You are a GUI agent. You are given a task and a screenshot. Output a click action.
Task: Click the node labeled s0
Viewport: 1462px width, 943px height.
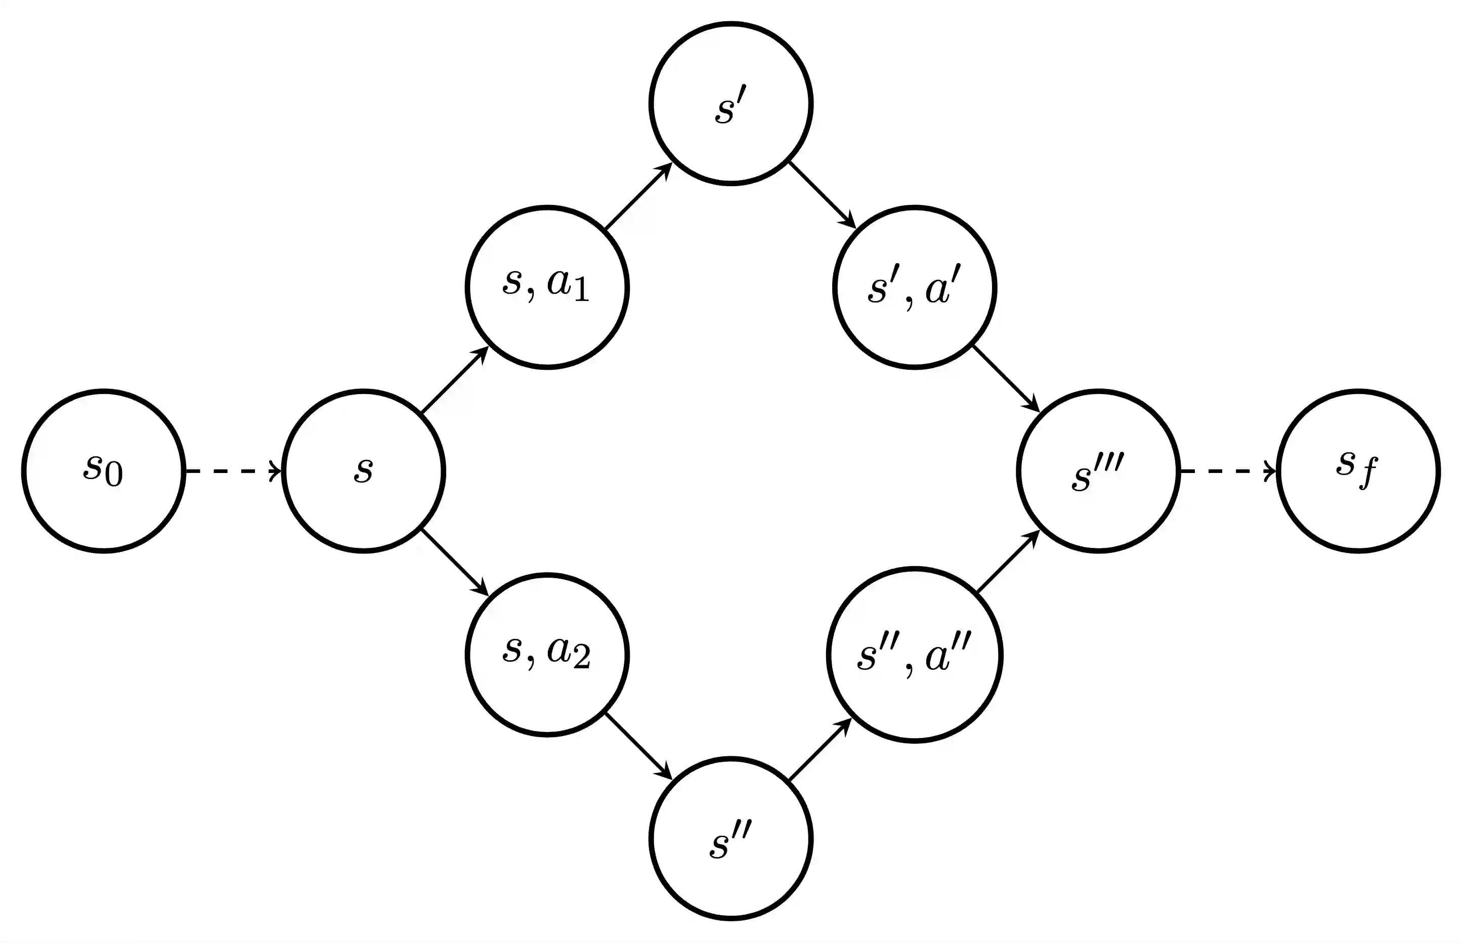(x=104, y=471)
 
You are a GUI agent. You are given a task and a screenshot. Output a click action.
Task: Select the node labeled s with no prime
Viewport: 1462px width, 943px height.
(x=363, y=471)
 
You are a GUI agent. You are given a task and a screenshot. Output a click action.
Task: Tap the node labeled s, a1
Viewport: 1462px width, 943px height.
(x=547, y=287)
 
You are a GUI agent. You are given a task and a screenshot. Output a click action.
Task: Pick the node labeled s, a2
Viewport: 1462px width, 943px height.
(x=547, y=655)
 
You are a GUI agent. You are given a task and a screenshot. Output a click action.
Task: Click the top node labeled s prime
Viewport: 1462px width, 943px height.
(x=730, y=104)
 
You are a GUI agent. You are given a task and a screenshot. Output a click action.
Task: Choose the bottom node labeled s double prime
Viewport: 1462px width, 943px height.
(x=730, y=838)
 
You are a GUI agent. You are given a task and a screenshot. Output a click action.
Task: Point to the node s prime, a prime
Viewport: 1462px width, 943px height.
(x=914, y=287)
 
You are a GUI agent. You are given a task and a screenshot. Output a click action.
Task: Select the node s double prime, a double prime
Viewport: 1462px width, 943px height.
(x=914, y=655)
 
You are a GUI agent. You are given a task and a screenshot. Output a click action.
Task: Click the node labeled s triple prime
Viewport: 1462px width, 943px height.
(x=1098, y=471)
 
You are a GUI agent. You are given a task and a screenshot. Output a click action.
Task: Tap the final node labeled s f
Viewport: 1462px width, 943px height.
(x=1358, y=471)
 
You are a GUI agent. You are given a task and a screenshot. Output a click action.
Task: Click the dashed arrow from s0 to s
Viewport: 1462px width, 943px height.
(x=233, y=471)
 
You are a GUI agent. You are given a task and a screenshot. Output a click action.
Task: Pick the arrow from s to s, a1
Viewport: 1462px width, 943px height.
(x=455, y=379)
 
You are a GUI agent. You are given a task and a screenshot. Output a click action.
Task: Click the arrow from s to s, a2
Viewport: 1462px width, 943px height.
(x=455, y=563)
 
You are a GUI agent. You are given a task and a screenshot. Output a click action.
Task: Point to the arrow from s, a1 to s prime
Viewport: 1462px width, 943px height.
(x=638, y=195)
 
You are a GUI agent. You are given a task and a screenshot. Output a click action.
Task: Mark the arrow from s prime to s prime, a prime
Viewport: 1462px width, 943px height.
(x=822, y=195)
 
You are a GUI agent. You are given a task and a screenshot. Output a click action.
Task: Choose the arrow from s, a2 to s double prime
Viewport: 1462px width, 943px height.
(x=638, y=746)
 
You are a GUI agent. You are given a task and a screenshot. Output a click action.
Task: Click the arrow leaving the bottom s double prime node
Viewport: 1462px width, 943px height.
(x=821, y=749)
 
